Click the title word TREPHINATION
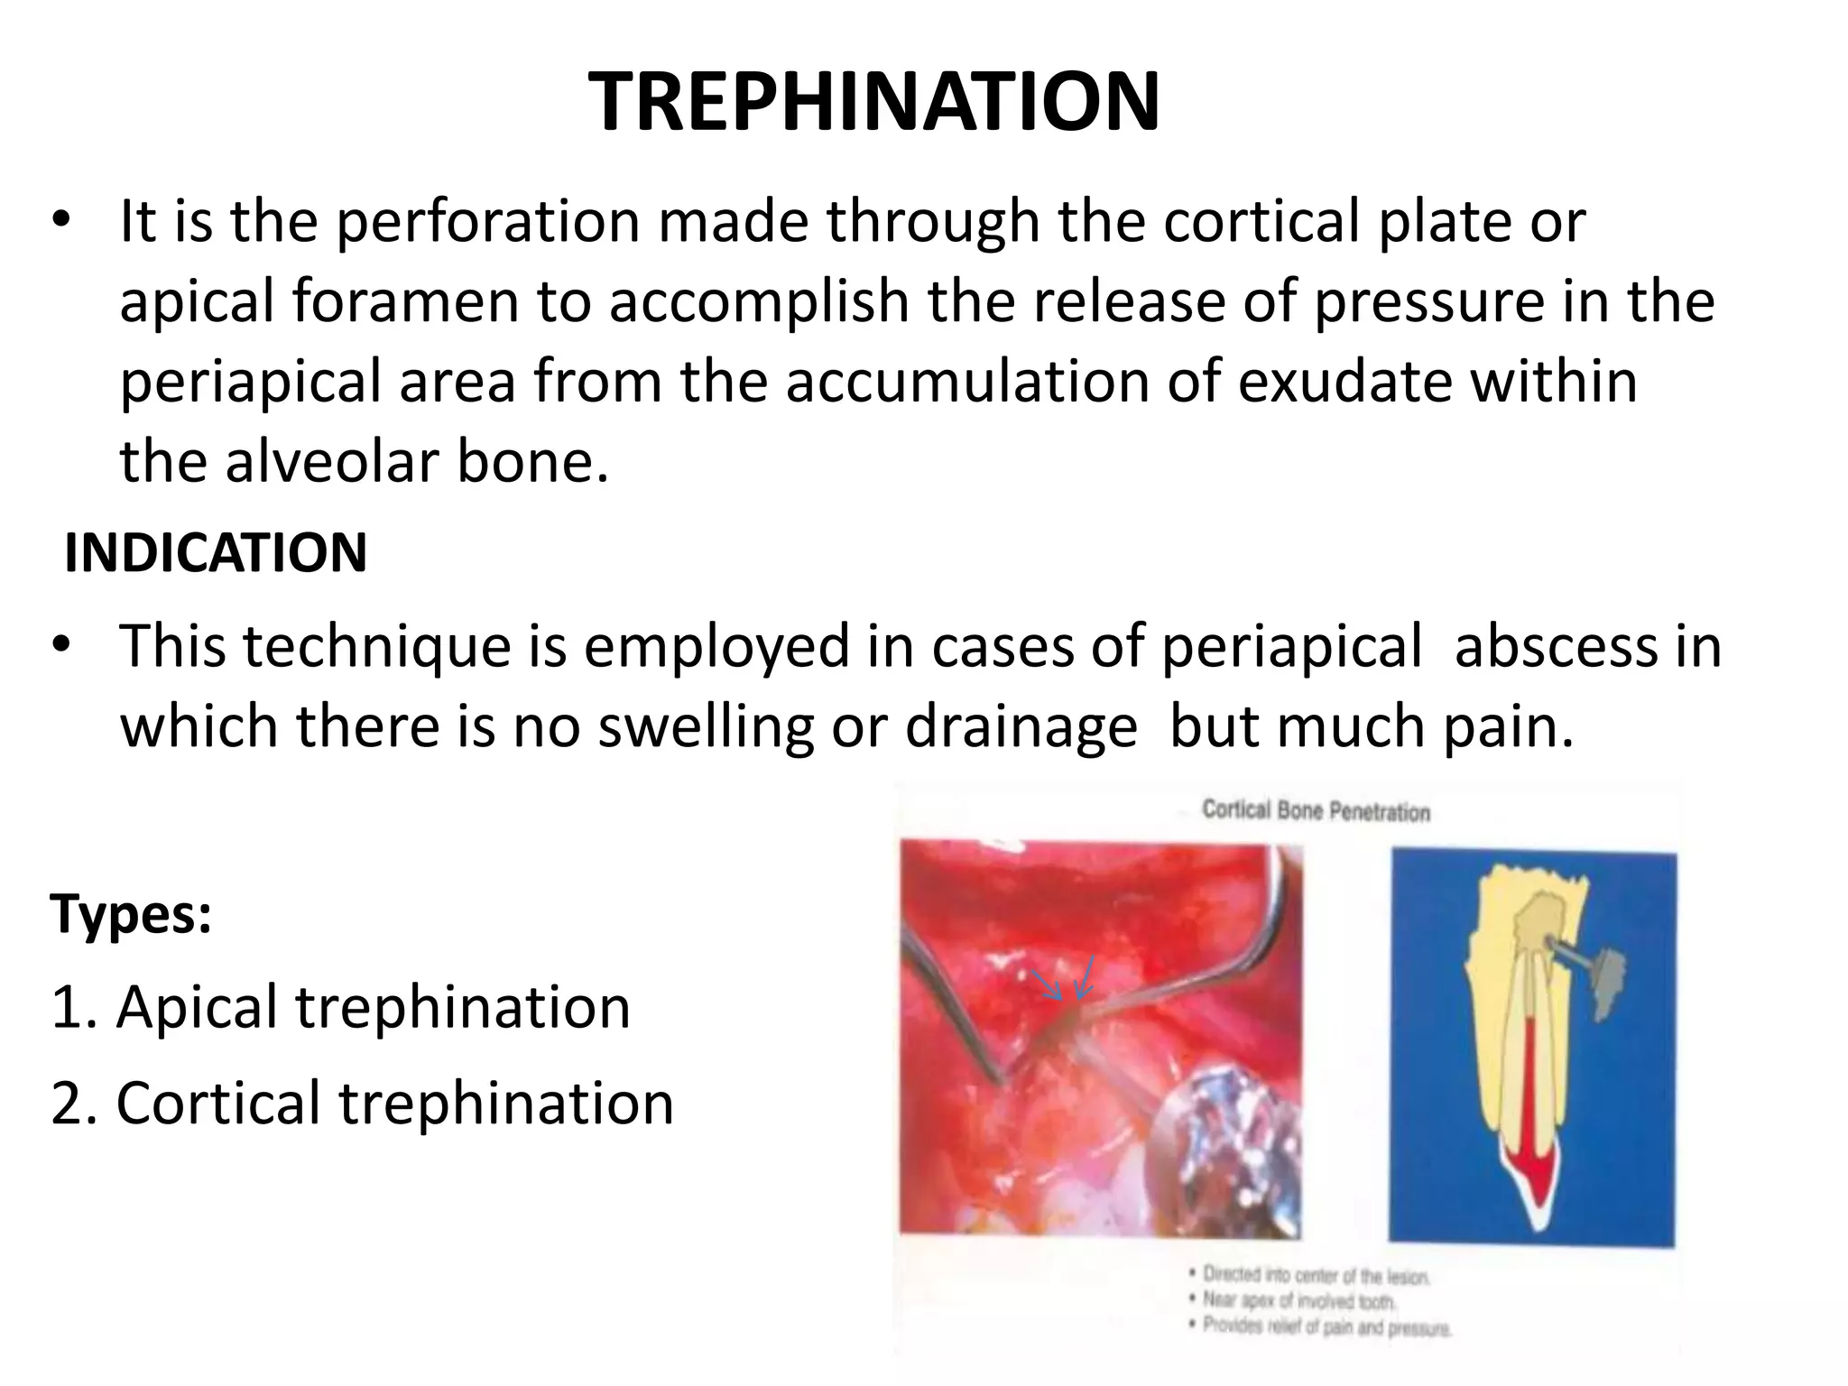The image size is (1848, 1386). (873, 101)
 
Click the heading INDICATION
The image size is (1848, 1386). (216, 553)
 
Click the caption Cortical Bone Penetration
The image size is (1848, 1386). (1316, 811)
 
